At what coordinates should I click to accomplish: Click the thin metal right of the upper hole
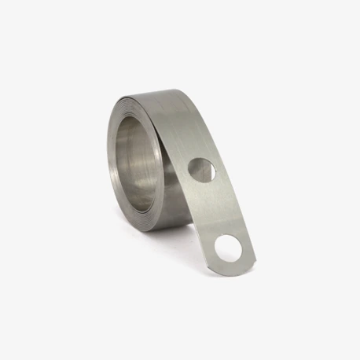(217, 170)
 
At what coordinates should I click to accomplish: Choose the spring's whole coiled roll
(149, 157)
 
